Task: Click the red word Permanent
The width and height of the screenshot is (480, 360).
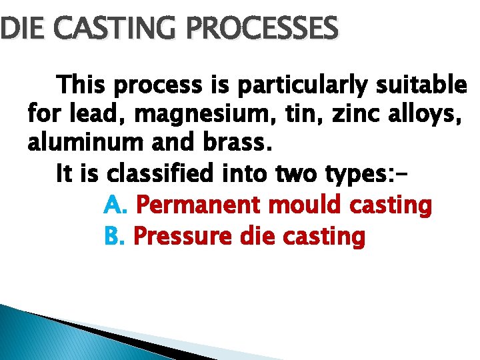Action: click(x=197, y=205)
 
